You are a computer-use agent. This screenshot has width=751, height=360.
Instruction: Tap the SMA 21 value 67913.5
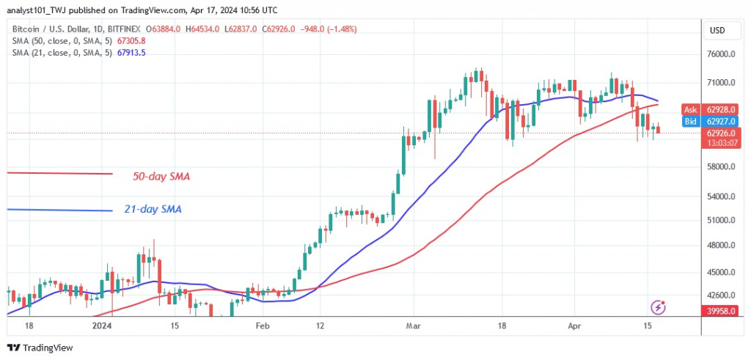pos(124,54)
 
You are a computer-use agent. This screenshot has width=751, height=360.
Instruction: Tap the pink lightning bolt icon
pos(658,307)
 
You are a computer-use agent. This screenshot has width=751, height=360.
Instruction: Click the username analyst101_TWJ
pos(42,10)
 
